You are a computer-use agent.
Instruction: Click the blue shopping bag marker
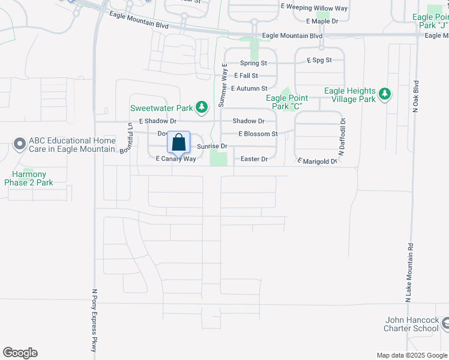[179, 143]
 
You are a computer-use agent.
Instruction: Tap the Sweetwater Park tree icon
[202, 108]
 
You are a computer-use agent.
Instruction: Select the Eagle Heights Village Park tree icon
[384, 95]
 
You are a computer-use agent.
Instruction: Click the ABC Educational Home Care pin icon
[19, 144]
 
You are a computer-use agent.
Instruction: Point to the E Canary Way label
[176, 159]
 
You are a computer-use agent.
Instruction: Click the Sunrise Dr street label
[212, 146]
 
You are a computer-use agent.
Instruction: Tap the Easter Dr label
[253, 159]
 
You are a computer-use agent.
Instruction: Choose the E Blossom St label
[258, 134]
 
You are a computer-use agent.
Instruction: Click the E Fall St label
[246, 76]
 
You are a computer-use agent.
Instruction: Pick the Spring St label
[253, 63]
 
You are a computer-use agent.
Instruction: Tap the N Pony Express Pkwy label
[94, 320]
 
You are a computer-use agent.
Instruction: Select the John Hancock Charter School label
[412, 325]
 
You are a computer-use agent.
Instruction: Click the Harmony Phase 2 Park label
[29, 178]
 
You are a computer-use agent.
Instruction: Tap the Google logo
[20, 353]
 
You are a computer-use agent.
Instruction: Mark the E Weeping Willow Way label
[315, 8]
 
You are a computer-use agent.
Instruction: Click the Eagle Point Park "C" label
[287, 102]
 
